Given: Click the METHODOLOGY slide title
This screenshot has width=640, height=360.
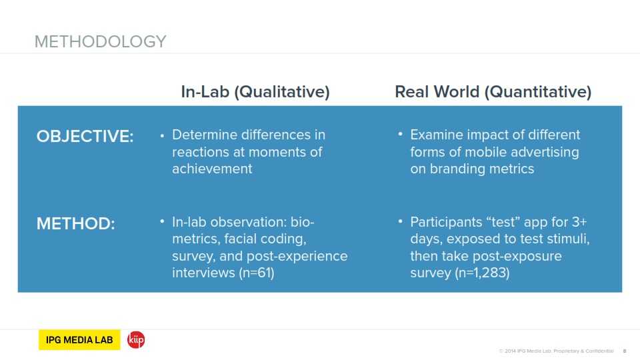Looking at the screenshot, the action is (x=101, y=41).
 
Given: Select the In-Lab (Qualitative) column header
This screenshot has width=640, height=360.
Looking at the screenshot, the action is (x=255, y=92).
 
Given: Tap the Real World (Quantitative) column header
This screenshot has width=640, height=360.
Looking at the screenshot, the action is (x=493, y=92).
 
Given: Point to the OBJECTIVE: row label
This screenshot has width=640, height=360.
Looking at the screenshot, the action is (x=85, y=136).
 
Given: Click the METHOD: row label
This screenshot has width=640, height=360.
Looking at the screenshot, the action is (x=76, y=224).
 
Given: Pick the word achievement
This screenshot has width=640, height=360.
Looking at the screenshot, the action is (x=212, y=169).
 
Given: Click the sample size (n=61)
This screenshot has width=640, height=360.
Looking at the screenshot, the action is (x=257, y=273).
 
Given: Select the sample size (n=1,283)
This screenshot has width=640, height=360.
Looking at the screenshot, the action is (x=482, y=273).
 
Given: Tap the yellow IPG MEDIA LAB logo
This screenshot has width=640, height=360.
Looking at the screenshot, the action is (x=79, y=339).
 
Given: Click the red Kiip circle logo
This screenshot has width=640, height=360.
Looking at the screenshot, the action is (x=136, y=339).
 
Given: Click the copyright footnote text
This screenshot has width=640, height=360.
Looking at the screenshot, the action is (x=556, y=351).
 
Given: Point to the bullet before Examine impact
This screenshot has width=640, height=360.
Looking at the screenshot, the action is (x=401, y=133).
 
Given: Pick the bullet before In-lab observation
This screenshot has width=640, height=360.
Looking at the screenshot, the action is (x=162, y=221).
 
